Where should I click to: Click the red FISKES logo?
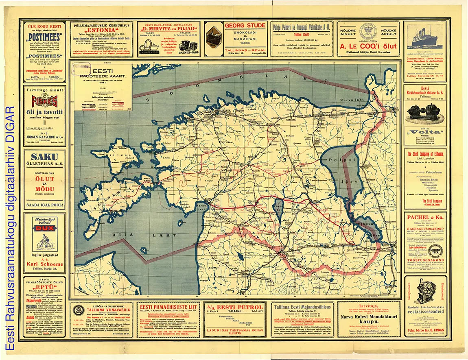coord(44,101)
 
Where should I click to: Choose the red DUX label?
coord(44,228)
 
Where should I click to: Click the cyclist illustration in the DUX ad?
coord(44,243)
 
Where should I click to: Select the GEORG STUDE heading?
coord(245,26)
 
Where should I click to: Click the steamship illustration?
coord(425,37)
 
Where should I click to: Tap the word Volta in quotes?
coord(425,132)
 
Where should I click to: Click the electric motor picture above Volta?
coord(425,113)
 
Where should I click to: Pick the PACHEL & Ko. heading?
coord(425,218)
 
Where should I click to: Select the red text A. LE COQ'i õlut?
coord(369,46)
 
